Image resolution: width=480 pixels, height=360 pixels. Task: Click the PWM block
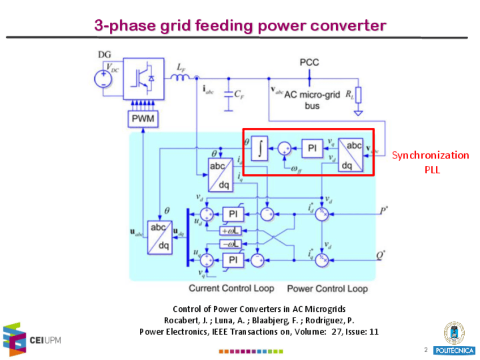click(143, 119)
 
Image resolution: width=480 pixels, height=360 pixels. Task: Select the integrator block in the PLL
click(259, 149)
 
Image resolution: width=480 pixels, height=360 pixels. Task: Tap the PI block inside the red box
click(311, 149)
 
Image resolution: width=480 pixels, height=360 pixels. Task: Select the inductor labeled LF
click(181, 76)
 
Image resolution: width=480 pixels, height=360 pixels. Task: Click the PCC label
click(309, 62)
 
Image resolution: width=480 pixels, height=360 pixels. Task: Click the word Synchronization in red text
click(431, 155)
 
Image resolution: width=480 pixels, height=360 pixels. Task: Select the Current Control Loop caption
click(231, 288)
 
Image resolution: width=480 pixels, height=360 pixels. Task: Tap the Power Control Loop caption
click(327, 288)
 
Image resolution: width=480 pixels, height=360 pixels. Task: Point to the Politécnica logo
click(454, 339)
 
